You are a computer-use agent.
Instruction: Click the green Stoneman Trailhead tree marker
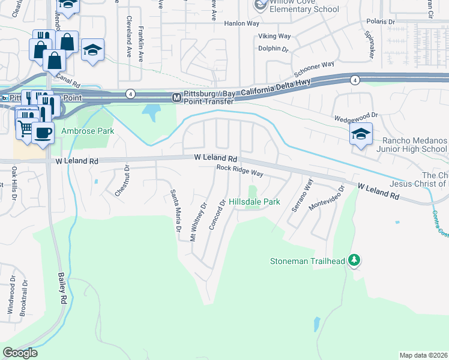tap(355, 260)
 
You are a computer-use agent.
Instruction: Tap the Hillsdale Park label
tap(254, 202)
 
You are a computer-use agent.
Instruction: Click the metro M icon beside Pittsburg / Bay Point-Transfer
tap(176, 97)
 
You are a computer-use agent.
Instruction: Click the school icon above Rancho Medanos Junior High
tap(361, 134)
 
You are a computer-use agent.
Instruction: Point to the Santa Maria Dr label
tap(175, 211)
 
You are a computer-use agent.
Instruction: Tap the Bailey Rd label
tap(61, 288)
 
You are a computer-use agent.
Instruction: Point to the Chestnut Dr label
tap(121, 181)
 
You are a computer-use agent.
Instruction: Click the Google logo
tap(20, 352)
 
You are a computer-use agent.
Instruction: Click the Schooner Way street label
tap(319, 65)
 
